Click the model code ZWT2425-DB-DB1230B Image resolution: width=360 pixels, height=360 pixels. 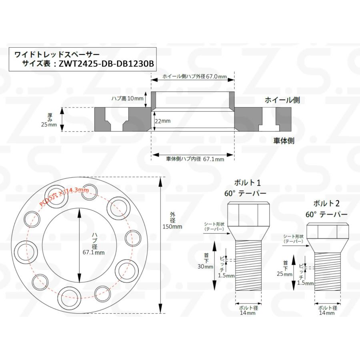(x=106, y=63)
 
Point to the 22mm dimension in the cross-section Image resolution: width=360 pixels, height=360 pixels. (x=162, y=120)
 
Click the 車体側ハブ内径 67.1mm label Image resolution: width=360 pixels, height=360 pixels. (x=195, y=158)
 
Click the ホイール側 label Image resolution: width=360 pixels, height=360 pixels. (x=282, y=100)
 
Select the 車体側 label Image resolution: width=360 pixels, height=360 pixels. (x=284, y=141)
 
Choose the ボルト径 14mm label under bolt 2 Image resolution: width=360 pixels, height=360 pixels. (x=327, y=310)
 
